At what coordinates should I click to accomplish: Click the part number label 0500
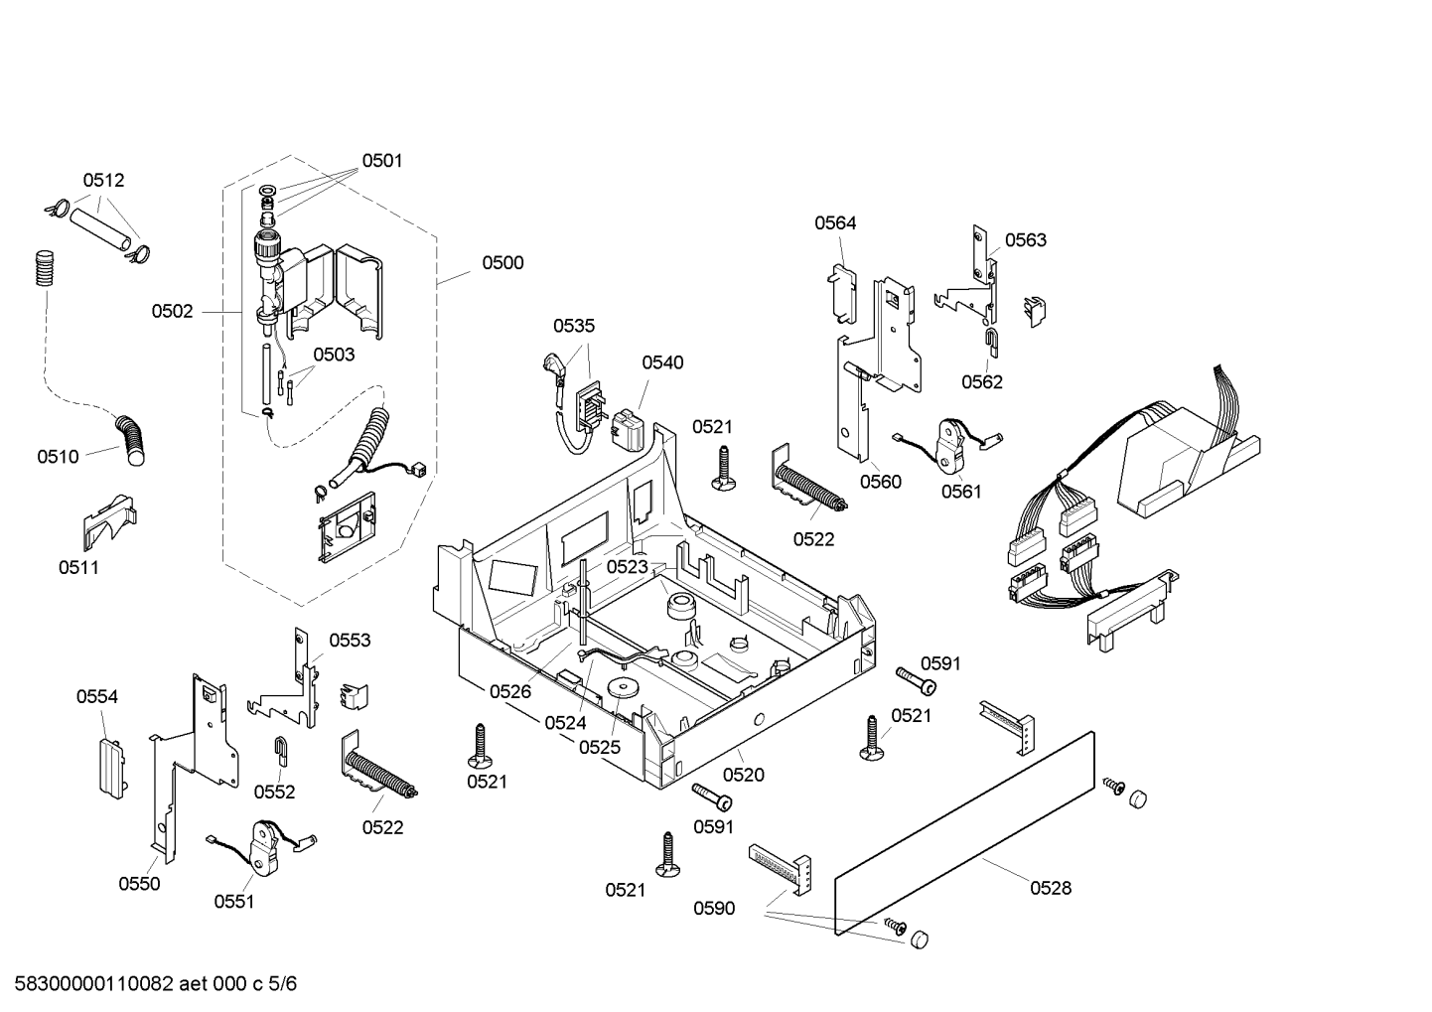click(x=502, y=263)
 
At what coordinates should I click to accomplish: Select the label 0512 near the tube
click(x=103, y=181)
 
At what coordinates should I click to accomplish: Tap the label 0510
click(x=58, y=457)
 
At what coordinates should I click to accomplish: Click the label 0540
click(x=662, y=363)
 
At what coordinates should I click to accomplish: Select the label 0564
click(x=835, y=223)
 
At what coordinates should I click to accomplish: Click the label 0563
click(x=1025, y=240)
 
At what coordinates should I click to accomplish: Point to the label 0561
click(x=960, y=492)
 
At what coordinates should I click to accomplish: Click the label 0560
click(x=880, y=483)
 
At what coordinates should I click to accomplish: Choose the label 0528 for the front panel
click(x=1050, y=888)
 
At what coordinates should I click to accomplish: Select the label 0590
click(x=714, y=908)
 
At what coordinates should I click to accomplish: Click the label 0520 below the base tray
click(x=743, y=775)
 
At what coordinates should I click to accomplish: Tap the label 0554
click(x=97, y=697)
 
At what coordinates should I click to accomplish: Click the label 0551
click(x=234, y=902)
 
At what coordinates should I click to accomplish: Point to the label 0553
click(x=350, y=641)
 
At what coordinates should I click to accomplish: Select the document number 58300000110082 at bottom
click(x=89, y=984)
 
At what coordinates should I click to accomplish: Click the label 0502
click(x=172, y=312)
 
